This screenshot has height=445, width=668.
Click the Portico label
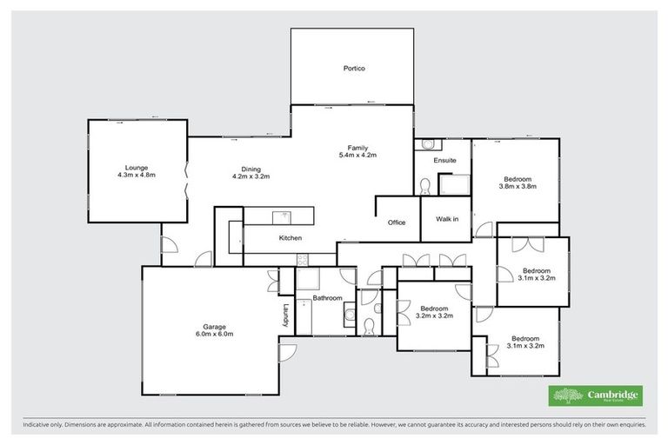[353, 68]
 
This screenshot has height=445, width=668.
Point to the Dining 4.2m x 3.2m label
[251, 173]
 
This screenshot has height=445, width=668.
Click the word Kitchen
[290, 237]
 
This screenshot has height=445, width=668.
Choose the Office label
[397, 222]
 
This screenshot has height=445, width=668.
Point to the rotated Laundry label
[284, 314]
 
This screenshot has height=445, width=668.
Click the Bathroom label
[327, 298]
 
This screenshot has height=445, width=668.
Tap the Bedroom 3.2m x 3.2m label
[434, 311]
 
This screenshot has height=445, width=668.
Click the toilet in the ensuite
[426, 186]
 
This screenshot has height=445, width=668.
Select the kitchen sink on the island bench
[280, 216]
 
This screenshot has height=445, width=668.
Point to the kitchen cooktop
[302, 258]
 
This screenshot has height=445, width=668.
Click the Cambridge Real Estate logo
[595, 395]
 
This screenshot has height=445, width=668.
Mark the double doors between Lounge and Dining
[186, 185]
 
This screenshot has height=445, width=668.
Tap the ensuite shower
[453, 185]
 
